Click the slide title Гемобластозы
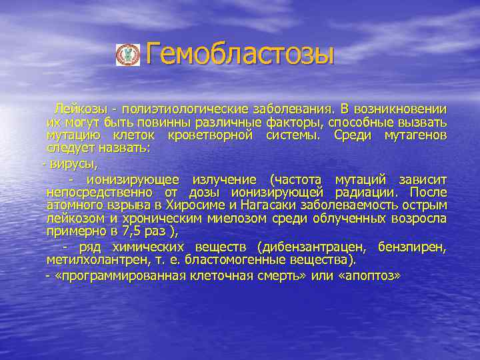(x=239, y=54)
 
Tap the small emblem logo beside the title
(x=126, y=55)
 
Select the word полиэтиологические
(x=193, y=108)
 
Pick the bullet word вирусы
(x=73, y=163)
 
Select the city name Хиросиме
(x=200, y=205)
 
